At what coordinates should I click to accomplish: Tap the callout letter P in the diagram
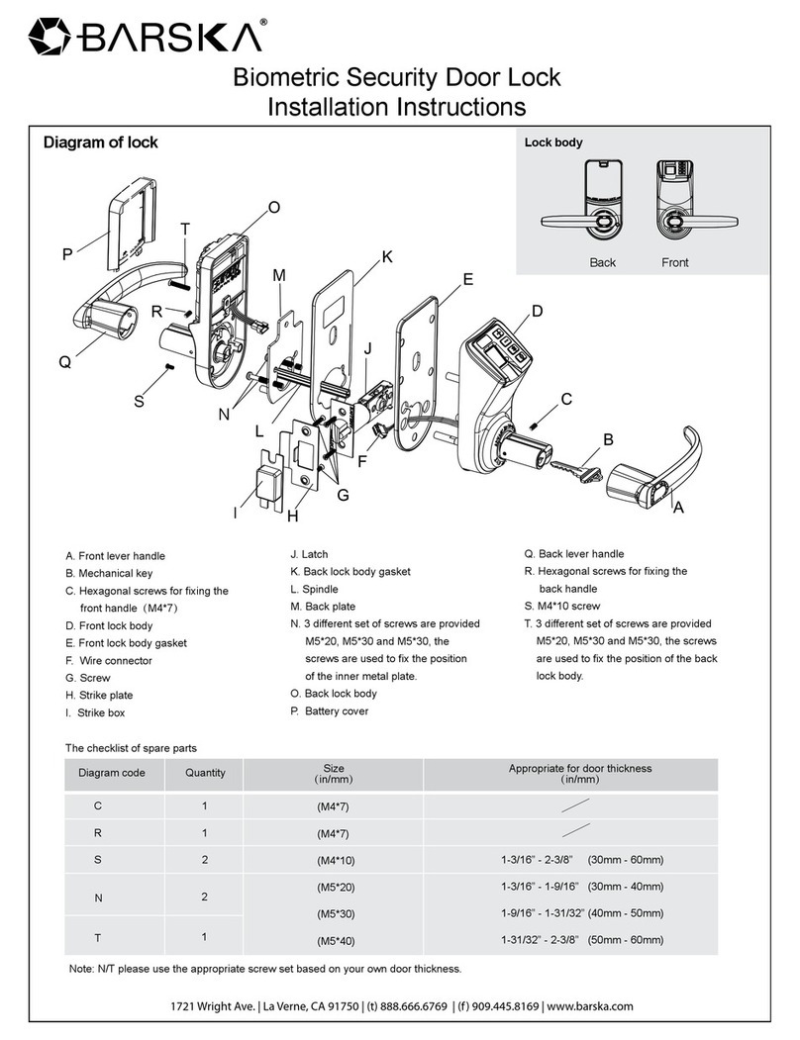pos(67,254)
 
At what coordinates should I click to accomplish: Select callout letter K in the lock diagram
pos(387,257)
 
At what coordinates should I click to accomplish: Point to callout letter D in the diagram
pos(538,312)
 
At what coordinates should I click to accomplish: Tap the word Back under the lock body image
pos(602,262)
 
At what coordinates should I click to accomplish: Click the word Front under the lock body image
pos(675,262)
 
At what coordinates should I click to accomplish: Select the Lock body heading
pos(552,142)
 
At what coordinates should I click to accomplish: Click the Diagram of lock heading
pos(100,142)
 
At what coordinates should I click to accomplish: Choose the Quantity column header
pos(205,773)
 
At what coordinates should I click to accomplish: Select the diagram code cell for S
pos(98,859)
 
